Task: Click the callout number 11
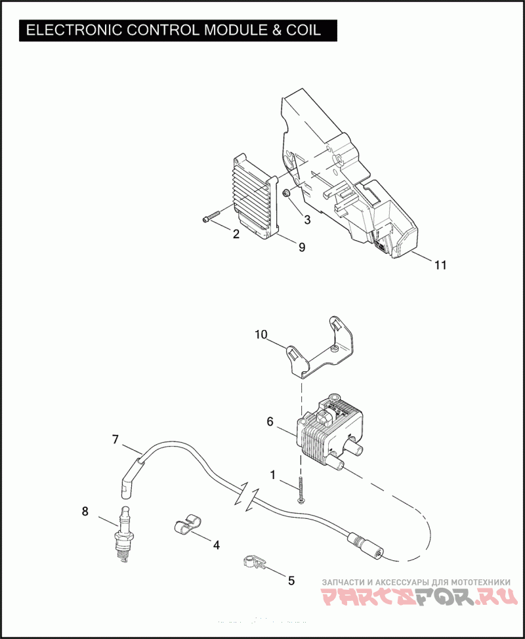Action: (x=440, y=265)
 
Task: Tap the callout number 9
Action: (x=302, y=247)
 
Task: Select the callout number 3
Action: (x=306, y=219)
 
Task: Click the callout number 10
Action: (x=261, y=335)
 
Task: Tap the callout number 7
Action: (x=115, y=440)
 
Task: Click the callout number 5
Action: (x=291, y=580)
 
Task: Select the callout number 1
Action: (x=273, y=473)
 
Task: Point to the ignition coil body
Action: (x=328, y=430)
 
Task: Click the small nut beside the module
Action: (x=287, y=194)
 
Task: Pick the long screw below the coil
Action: (x=301, y=489)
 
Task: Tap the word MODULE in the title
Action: (x=234, y=30)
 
